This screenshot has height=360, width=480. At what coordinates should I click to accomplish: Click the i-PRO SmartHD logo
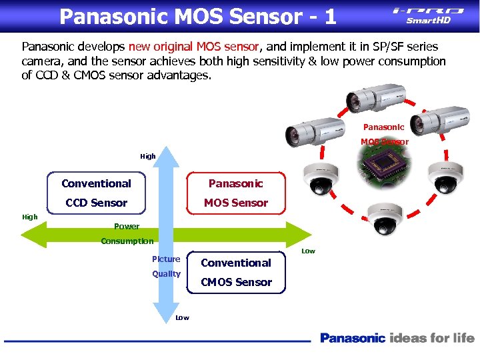pyautogui.click(x=428, y=15)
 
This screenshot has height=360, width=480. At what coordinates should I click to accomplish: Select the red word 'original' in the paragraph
pyautogui.click(x=171, y=47)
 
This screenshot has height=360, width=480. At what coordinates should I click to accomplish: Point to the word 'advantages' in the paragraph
pyautogui.click(x=175, y=75)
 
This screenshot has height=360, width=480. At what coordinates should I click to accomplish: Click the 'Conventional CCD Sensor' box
pyautogui.click(x=96, y=193)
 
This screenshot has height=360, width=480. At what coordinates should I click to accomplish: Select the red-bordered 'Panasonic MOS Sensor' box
pyautogui.click(x=236, y=193)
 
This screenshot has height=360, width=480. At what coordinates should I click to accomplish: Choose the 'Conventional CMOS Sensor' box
pyautogui.click(x=236, y=272)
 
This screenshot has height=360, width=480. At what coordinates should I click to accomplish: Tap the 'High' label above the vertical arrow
pyautogui.click(x=148, y=156)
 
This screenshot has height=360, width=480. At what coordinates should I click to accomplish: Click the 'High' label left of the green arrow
pyautogui.click(x=30, y=217)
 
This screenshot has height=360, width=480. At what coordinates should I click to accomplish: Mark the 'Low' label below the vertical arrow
pyautogui.click(x=182, y=317)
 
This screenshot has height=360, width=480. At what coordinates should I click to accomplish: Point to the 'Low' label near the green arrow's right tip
pyautogui.click(x=308, y=251)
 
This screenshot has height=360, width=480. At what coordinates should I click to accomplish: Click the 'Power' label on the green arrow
pyautogui.click(x=127, y=227)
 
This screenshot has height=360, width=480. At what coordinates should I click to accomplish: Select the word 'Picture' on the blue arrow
pyautogui.click(x=166, y=259)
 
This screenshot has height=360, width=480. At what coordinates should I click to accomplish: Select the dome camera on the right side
pyautogui.click(x=445, y=175)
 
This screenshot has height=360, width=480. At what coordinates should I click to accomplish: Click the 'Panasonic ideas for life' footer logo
pyautogui.click(x=397, y=338)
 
